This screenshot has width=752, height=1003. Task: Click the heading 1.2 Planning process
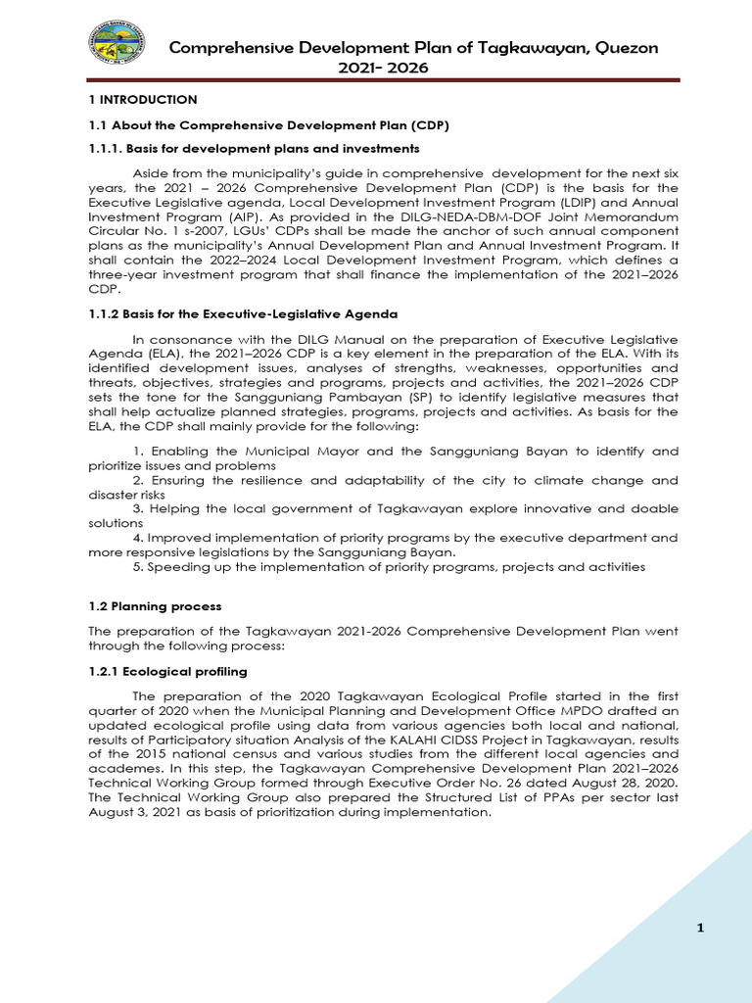(155, 606)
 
